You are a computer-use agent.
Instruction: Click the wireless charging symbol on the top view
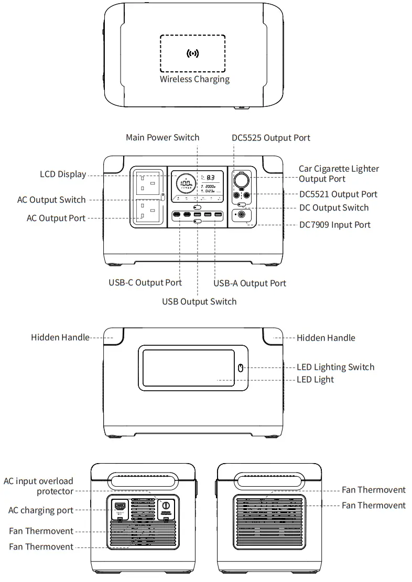point(193,53)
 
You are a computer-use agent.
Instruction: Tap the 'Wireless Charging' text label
point(194,80)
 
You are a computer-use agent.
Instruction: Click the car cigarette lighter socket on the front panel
point(242,181)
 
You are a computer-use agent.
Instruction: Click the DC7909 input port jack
point(242,215)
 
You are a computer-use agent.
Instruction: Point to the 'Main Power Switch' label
point(162,137)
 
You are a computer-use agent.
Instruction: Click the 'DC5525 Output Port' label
point(271,138)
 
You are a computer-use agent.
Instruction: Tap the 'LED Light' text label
point(315,379)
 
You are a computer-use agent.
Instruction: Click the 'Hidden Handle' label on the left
point(60,337)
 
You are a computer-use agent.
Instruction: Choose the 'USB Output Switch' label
point(199,301)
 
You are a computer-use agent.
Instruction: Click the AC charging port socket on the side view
point(120,507)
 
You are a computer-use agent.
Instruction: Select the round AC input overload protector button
point(166,506)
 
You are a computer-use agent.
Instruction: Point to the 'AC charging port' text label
point(40,510)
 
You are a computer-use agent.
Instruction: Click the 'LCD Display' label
point(63,174)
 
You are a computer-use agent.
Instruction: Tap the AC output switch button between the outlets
point(163,197)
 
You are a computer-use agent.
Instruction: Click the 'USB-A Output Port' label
point(250,283)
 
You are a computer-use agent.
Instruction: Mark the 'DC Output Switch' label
point(333,207)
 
